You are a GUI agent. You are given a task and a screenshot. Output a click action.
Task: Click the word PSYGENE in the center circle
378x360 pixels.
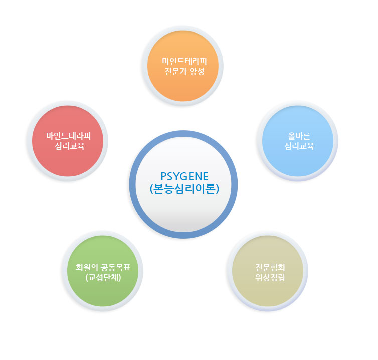click(x=184, y=177)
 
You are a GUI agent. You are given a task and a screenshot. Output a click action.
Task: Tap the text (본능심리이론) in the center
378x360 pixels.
click(x=184, y=189)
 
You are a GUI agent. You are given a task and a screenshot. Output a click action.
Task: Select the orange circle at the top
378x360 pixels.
click(x=183, y=66)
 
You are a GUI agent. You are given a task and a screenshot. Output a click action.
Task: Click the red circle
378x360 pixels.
click(x=68, y=141)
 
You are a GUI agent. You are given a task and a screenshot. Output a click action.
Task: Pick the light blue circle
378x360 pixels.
click(x=298, y=141)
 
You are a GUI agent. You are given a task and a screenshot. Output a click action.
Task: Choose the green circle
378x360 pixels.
click(x=103, y=271)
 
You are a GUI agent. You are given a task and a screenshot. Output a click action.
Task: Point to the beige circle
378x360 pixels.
click(x=268, y=271)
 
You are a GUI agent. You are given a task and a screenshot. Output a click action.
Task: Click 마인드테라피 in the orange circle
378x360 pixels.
click(x=184, y=62)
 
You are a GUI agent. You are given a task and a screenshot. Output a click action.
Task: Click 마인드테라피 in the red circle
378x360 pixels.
click(x=69, y=136)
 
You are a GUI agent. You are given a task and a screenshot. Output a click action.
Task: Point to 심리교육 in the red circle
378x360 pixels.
click(x=70, y=146)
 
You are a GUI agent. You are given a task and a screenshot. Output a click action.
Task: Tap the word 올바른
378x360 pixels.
click(x=299, y=136)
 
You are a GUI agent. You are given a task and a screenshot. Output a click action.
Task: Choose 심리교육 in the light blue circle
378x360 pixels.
click(x=299, y=146)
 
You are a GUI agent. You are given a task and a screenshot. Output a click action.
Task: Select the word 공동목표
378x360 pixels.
click(x=116, y=267)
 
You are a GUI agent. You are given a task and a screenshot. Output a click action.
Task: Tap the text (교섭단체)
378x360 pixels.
click(x=103, y=278)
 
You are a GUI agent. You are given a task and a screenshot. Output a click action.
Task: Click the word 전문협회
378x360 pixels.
click(x=270, y=267)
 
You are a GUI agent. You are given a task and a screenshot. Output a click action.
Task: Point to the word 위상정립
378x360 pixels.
click(x=270, y=278)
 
